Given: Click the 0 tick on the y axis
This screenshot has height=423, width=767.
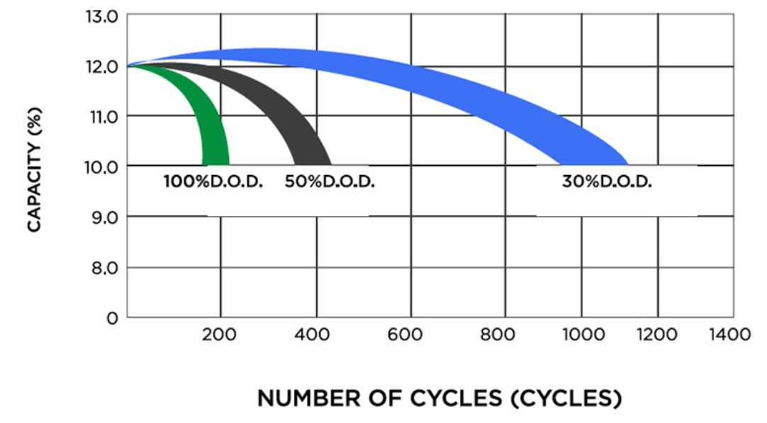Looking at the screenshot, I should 111,319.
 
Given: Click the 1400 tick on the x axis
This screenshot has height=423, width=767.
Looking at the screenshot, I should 731,334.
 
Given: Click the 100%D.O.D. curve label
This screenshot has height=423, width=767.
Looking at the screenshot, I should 213,181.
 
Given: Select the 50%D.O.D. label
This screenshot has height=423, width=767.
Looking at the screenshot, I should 330,181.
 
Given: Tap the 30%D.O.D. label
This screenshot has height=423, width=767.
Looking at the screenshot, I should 607,181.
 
